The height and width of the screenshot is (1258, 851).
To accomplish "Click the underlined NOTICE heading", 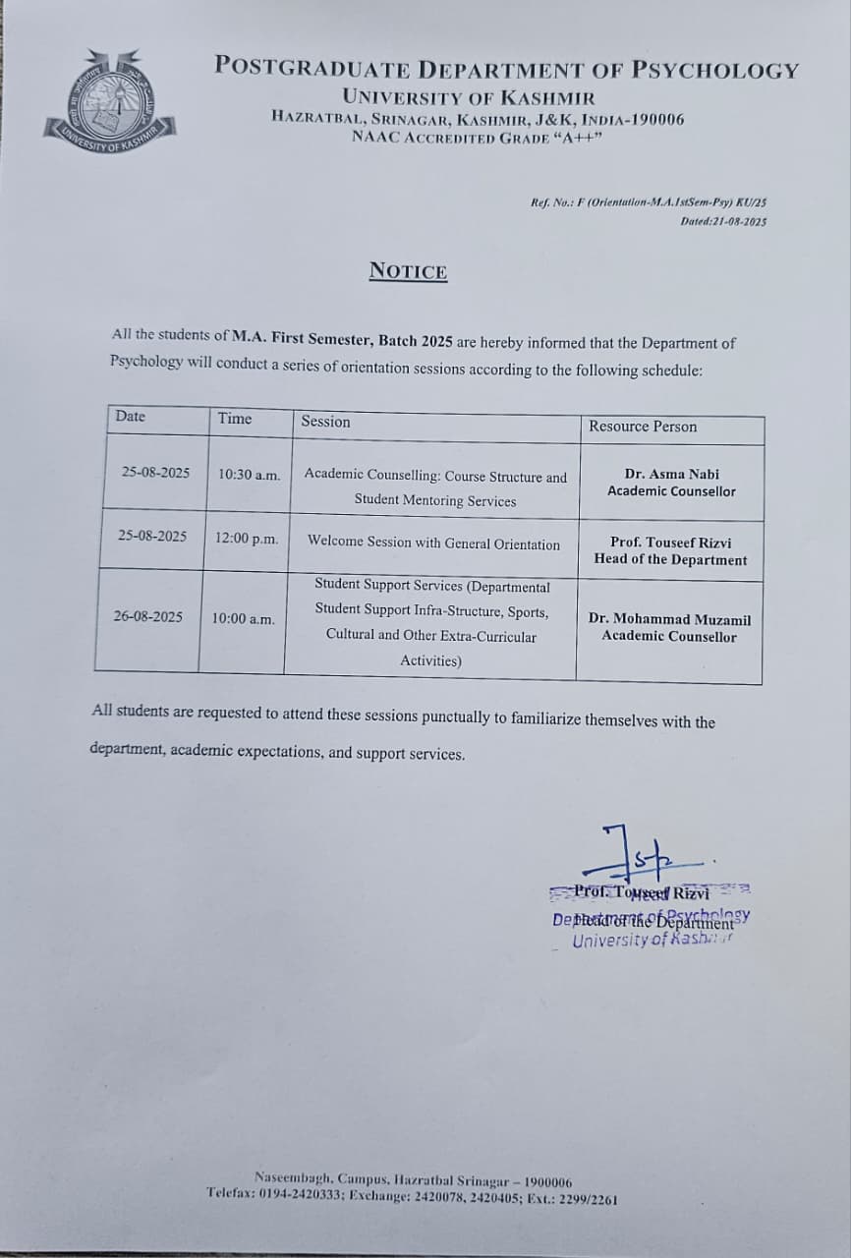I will (408, 271).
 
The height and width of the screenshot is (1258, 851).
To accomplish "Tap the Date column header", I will (130, 416).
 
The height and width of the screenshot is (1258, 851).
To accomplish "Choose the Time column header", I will (235, 418).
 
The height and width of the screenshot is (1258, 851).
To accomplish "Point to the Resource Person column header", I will (643, 426).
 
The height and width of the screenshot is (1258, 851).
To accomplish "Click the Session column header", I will (325, 421).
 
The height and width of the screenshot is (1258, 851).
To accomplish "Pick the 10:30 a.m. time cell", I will (249, 474).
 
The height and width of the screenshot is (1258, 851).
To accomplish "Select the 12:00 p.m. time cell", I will (247, 539).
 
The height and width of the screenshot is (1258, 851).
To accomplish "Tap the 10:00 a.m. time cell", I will (243, 618).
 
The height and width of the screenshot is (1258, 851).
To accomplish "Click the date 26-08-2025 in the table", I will (147, 616).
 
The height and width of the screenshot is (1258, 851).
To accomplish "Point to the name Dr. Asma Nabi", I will (671, 474).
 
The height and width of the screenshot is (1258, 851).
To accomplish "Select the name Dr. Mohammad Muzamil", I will (669, 619).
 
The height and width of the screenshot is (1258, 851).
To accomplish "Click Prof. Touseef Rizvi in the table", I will (670, 542).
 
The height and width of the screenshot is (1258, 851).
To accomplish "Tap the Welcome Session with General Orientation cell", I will (433, 543).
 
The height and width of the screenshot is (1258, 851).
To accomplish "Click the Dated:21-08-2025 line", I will (723, 221).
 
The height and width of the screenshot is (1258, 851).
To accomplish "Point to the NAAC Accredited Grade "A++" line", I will (477, 137).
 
